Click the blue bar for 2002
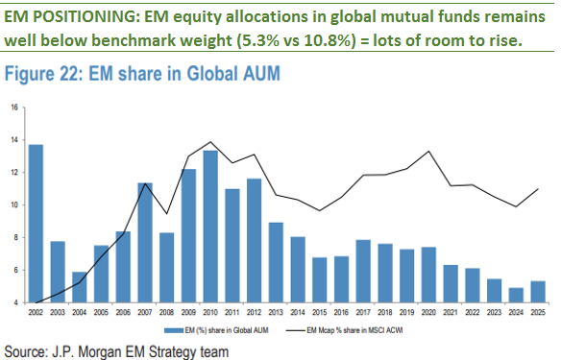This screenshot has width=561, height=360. click(x=37, y=224)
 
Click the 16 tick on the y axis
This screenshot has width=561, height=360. click(x=15, y=108)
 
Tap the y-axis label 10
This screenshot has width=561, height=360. click(x=15, y=205)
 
